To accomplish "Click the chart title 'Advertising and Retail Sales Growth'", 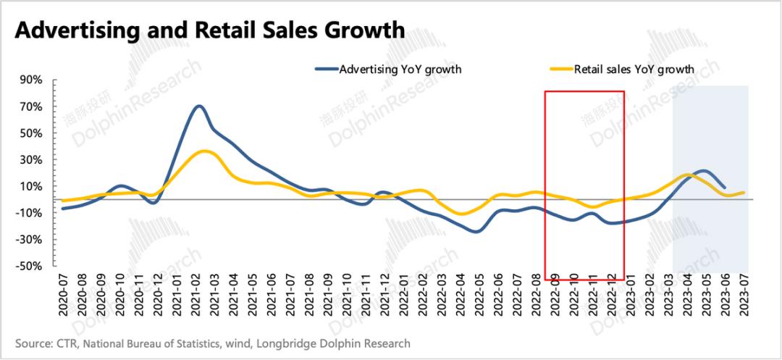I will coord(210,30).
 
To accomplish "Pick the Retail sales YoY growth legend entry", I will coord(634,70).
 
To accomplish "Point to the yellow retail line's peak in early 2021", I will coord(205,151).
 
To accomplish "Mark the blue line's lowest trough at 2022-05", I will coord(476,232).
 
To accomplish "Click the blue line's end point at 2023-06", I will coord(724,188).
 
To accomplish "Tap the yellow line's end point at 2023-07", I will coord(744,193).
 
